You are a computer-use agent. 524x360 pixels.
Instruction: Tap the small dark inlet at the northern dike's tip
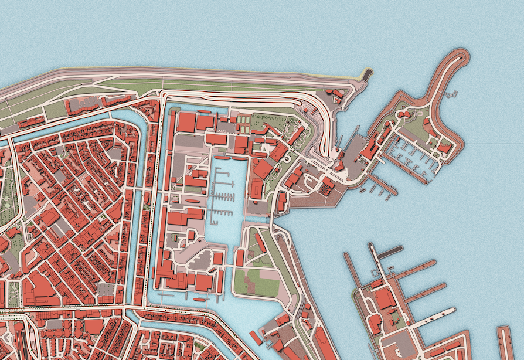(x=368, y=74)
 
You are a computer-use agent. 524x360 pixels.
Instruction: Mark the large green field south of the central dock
(x=258, y=282)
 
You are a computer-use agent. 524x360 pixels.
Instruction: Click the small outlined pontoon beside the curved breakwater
(x=451, y=94)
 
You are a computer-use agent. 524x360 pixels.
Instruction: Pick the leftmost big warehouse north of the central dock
(x=186, y=122)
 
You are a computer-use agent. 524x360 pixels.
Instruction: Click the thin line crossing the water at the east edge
(x=498, y=144)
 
